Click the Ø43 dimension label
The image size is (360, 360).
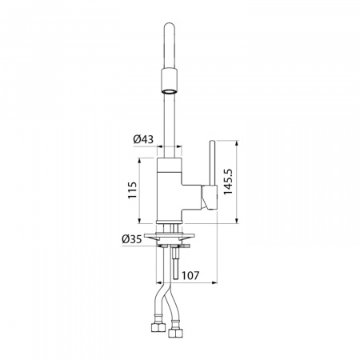143,139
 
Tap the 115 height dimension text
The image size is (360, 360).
133,190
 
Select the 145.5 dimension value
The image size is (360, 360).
228,182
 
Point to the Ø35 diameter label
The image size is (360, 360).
131,239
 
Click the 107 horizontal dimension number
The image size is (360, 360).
190,275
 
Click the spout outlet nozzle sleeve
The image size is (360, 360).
170,81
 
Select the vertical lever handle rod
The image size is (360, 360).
212,162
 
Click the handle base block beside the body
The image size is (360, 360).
210,198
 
